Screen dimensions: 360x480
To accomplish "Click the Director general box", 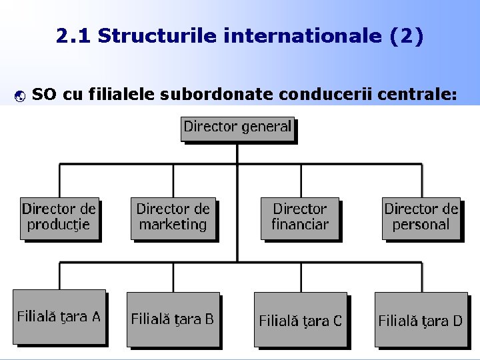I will (237, 127).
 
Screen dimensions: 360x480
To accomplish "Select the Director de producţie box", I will (59, 217).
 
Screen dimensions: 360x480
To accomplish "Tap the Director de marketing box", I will (173, 217).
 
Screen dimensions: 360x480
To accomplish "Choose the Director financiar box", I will (300, 217).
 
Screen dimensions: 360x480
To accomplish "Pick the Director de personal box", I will (421, 217).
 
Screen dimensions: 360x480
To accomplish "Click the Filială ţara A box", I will (59, 317).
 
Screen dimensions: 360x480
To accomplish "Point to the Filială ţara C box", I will (300, 320).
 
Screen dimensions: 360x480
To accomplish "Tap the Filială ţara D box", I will (420, 320).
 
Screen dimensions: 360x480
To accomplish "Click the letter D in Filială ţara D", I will (457, 321).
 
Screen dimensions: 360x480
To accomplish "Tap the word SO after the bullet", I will (44, 95).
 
